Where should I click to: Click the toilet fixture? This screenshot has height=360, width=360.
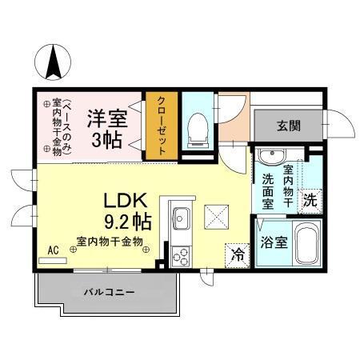click(x=198, y=128)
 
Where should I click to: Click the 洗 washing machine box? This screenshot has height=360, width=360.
click(x=310, y=202)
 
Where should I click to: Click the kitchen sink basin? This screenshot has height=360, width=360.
click(x=181, y=218)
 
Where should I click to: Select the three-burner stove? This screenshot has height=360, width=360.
click(x=181, y=256)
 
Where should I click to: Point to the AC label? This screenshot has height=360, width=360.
click(x=53, y=250)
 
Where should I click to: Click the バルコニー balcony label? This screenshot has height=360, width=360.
click(x=109, y=292)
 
